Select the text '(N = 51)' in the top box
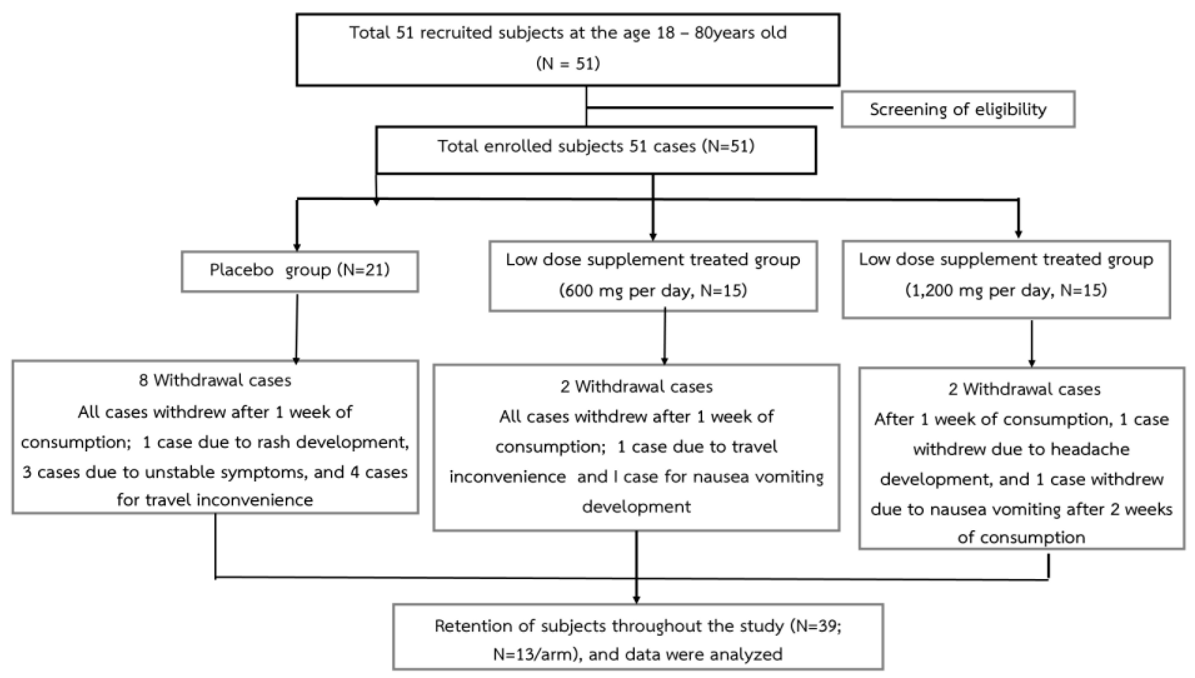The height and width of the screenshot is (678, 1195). [x=568, y=63]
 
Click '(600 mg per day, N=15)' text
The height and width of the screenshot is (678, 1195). [x=653, y=291]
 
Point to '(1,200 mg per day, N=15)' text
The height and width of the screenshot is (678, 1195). [x=1006, y=291]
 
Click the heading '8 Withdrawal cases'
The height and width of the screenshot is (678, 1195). [x=215, y=381]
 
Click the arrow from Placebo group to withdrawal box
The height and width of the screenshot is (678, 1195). [x=296, y=328]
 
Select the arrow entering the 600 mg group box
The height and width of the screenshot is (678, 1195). [x=653, y=214]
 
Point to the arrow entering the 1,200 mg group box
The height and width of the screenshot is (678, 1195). [x=1018, y=219]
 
